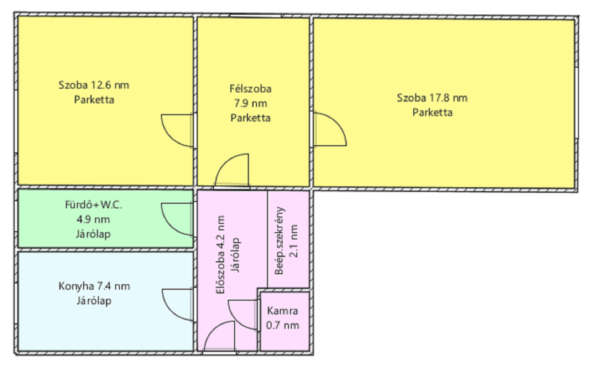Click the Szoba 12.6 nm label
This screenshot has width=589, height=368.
click(x=94, y=85)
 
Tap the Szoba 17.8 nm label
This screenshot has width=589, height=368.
click(x=432, y=98)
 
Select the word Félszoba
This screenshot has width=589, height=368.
click(x=250, y=89)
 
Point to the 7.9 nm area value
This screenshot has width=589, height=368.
click(x=250, y=103)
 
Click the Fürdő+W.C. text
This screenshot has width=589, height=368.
click(x=94, y=205)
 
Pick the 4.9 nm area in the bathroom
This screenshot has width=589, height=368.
click(x=93, y=219)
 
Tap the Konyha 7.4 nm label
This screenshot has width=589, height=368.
click(x=94, y=286)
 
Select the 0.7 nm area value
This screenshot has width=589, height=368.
click(x=282, y=325)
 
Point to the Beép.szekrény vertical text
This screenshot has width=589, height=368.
click(x=279, y=241)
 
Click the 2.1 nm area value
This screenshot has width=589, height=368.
click(x=294, y=241)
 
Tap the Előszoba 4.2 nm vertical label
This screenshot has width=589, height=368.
click(x=221, y=255)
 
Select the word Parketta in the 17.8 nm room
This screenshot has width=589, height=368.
click(x=432, y=112)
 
